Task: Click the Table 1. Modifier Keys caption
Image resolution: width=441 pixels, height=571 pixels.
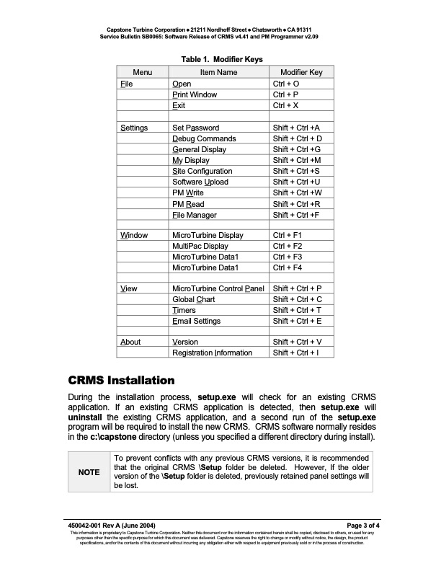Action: (x=220, y=58)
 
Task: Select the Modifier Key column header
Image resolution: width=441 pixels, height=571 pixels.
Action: (x=301, y=72)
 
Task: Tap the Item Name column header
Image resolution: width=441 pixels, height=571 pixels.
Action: (x=218, y=72)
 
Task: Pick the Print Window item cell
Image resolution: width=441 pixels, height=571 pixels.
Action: (x=195, y=94)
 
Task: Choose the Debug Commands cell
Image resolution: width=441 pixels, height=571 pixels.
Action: (x=204, y=138)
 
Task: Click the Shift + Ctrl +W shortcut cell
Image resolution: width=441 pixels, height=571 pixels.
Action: (x=297, y=193)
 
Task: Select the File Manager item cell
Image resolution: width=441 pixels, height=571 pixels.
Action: (x=194, y=215)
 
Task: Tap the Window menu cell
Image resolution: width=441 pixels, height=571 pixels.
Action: (x=134, y=235)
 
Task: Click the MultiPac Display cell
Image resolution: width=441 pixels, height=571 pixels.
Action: (x=200, y=246)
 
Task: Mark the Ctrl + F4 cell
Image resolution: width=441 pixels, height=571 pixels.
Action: (x=287, y=267)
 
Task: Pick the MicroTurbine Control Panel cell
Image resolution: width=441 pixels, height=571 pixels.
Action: (x=218, y=288)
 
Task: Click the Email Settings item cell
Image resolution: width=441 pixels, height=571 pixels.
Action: (x=196, y=321)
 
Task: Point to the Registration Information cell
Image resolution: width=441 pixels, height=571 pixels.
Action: (x=212, y=353)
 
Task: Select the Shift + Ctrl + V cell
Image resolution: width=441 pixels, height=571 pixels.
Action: (x=297, y=342)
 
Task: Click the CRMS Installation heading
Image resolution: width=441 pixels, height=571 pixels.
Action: (x=121, y=380)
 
